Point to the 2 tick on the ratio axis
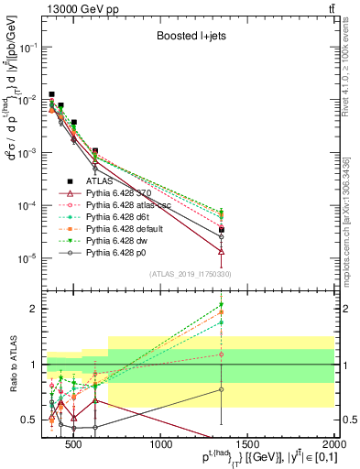[35, 309]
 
